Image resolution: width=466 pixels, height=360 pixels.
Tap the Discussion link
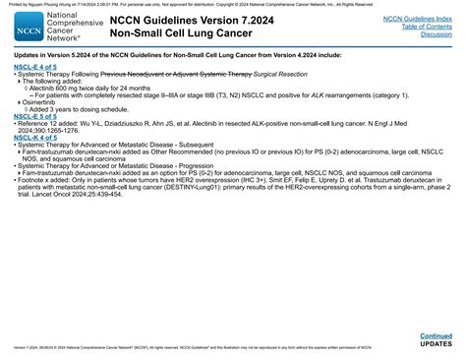point(436,34)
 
